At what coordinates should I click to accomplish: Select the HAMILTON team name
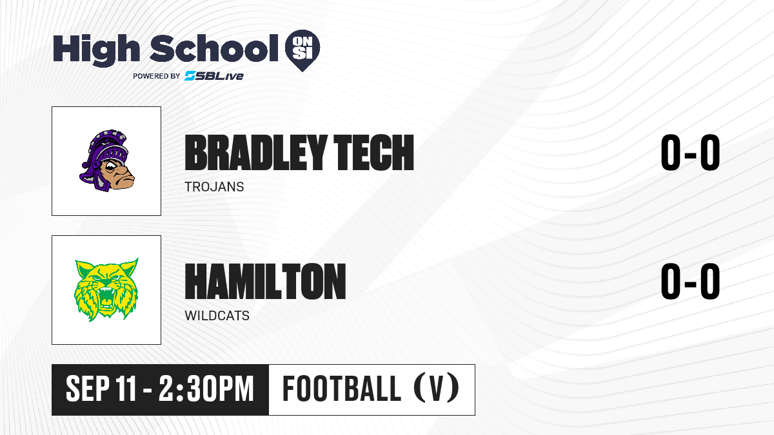[x=265, y=282]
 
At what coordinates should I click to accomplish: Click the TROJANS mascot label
[x=214, y=187]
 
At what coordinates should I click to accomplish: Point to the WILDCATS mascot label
[x=217, y=316]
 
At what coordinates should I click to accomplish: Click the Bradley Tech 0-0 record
[x=690, y=153]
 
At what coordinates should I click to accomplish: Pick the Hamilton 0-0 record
[x=690, y=282]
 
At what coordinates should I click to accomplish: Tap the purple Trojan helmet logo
[x=107, y=160]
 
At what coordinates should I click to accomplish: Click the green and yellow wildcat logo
[x=107, y=289]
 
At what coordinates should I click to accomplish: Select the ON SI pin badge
[x=303, y=50]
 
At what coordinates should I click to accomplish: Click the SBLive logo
[x=213, y=76]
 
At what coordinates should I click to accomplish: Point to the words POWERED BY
[x=157, y=76]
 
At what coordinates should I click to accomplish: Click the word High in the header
[x=96, y=50]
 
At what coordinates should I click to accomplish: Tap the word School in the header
[x=214, y=48]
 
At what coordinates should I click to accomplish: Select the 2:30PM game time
[x=206, y=389]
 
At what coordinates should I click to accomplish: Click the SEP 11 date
[x=101, y=389]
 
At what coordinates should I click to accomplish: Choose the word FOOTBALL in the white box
[x=342, y=389]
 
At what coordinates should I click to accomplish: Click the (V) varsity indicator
[x=437, y=389]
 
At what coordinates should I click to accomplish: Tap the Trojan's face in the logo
[x=117, y=175]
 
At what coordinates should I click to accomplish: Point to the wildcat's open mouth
[x=107, y=300]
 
